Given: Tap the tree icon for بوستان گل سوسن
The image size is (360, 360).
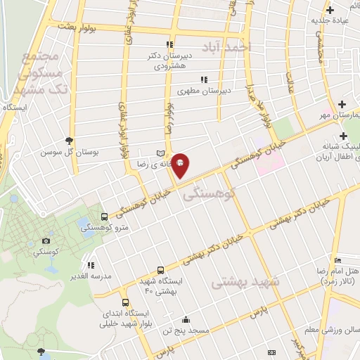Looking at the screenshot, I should click(x=69, y=141).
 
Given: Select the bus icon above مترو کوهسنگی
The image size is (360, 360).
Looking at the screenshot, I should click(x=104, y=217).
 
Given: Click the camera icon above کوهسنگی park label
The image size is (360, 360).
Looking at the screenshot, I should click(x=46, y=240).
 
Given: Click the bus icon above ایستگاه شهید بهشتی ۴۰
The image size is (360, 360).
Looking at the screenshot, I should click(x=161, y=270).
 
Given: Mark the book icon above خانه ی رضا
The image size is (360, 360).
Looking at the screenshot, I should click(x=160, y=153).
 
